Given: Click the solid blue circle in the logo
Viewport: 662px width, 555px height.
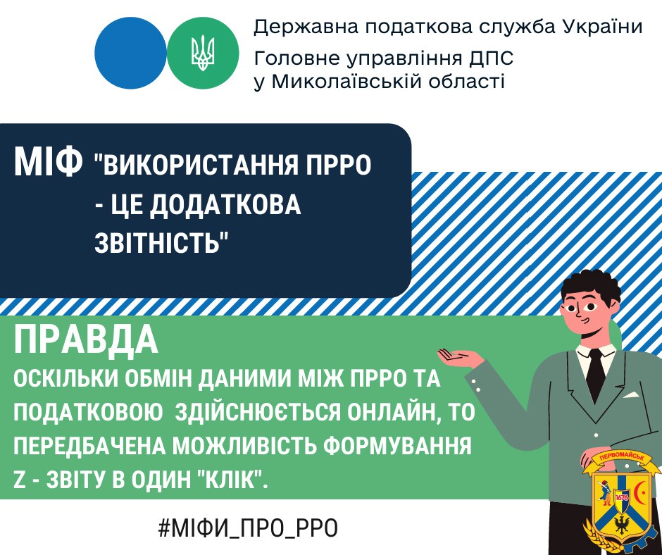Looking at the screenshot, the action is click(130, 53).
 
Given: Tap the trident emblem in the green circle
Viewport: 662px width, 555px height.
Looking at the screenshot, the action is click(203, 54).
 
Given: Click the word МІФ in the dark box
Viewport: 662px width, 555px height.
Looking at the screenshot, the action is click(48, 162).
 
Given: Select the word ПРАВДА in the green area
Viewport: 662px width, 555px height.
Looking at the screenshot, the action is click(86, 340).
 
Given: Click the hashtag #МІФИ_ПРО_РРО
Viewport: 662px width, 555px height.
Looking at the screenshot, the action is click(248, 528).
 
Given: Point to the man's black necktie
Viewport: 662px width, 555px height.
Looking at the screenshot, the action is click(596, 375).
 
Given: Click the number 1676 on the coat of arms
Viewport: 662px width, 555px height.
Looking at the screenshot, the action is click(622, 497).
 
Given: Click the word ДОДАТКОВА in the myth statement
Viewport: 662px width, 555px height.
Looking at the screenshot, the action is click(225, 204).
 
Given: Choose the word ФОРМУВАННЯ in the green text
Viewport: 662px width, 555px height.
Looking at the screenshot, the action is click(399, 447).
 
